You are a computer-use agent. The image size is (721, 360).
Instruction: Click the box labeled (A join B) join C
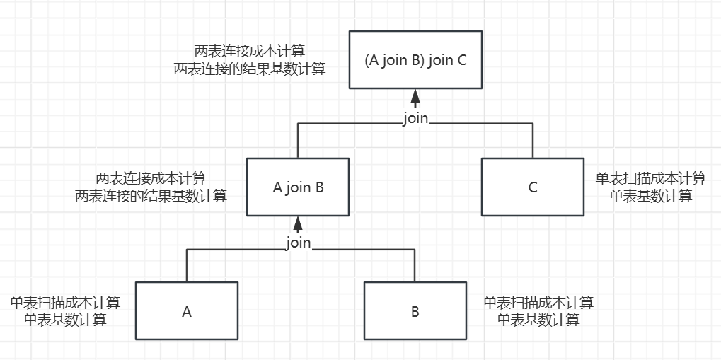[x=415, y=60]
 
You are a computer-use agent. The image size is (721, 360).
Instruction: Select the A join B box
[x=298, y=187]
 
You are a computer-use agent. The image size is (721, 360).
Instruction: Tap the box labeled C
[x=533, y=187]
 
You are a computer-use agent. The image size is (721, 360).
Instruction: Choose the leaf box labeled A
[x=187, y=311]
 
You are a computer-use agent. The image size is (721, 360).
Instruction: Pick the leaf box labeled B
[x=415, y=311]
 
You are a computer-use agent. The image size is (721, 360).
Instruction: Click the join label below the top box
[x=415, y=118]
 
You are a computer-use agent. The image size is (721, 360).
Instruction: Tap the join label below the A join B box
[x=298, y=243]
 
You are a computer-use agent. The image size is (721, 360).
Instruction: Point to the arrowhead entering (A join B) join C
[x=415, y=97]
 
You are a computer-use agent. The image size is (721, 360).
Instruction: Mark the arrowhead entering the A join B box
[x=298, y=223]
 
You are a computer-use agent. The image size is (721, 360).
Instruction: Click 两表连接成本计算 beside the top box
[x=250, y=52]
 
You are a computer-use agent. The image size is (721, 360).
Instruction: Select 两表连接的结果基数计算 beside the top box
[x=250, y=69]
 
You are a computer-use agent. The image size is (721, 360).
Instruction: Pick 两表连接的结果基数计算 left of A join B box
[x=151, y=196]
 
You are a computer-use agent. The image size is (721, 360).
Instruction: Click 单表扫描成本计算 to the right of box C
[x=651, y=179]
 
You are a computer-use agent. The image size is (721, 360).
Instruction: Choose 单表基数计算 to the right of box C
[x=651, y=196]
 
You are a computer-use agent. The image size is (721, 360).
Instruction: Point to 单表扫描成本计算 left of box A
[x=65, y=303]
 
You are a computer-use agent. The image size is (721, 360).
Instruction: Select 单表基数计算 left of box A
[x=65, y=320]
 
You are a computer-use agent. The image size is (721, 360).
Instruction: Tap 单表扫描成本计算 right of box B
[x=538, y=303]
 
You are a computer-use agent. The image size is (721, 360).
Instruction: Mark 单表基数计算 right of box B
[x=538, y=320]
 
